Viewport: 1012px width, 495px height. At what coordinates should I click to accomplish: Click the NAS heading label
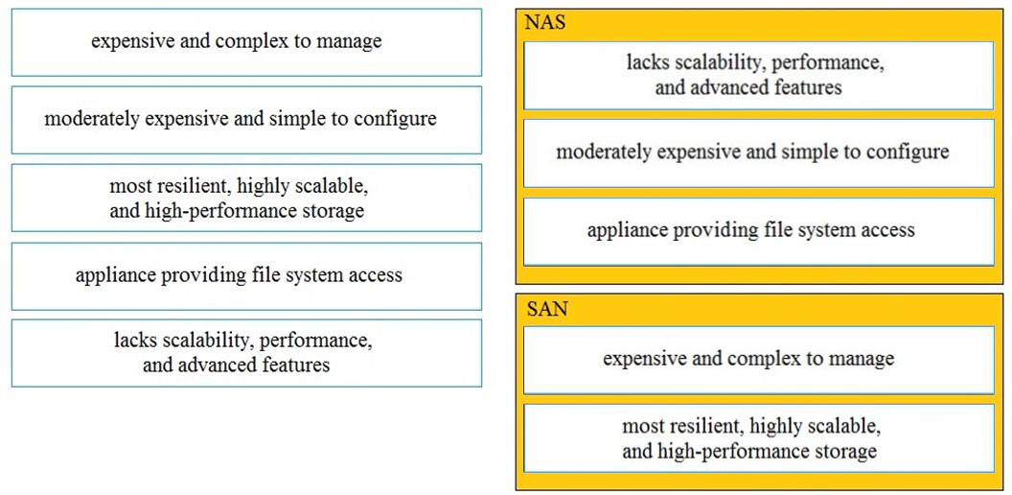[x=546, y=24]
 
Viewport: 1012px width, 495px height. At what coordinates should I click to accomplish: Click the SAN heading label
[x=547, y=309]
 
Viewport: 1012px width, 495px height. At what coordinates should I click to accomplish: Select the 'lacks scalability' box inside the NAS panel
[x=758, y=76]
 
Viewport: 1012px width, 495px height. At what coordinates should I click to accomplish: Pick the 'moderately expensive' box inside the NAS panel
[x=758, y=153]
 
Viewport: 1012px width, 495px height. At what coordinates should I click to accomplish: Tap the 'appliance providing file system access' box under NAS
[x=758, y=231]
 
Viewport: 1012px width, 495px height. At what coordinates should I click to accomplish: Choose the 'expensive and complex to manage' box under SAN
[x=758, y=360]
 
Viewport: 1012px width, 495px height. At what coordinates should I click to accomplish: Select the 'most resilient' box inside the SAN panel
[x=758, y=438]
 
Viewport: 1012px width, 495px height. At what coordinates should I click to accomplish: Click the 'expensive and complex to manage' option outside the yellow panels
[x=246, y=42]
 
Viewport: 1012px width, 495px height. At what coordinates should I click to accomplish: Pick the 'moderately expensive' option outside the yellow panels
[x=246, y=120]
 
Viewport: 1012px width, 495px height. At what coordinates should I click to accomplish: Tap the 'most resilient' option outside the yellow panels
[x=246, y=198]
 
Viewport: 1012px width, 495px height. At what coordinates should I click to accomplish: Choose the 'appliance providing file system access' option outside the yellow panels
[x=246, y=276]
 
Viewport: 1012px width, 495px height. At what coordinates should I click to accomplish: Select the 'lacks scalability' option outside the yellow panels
[x=246, y=353]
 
